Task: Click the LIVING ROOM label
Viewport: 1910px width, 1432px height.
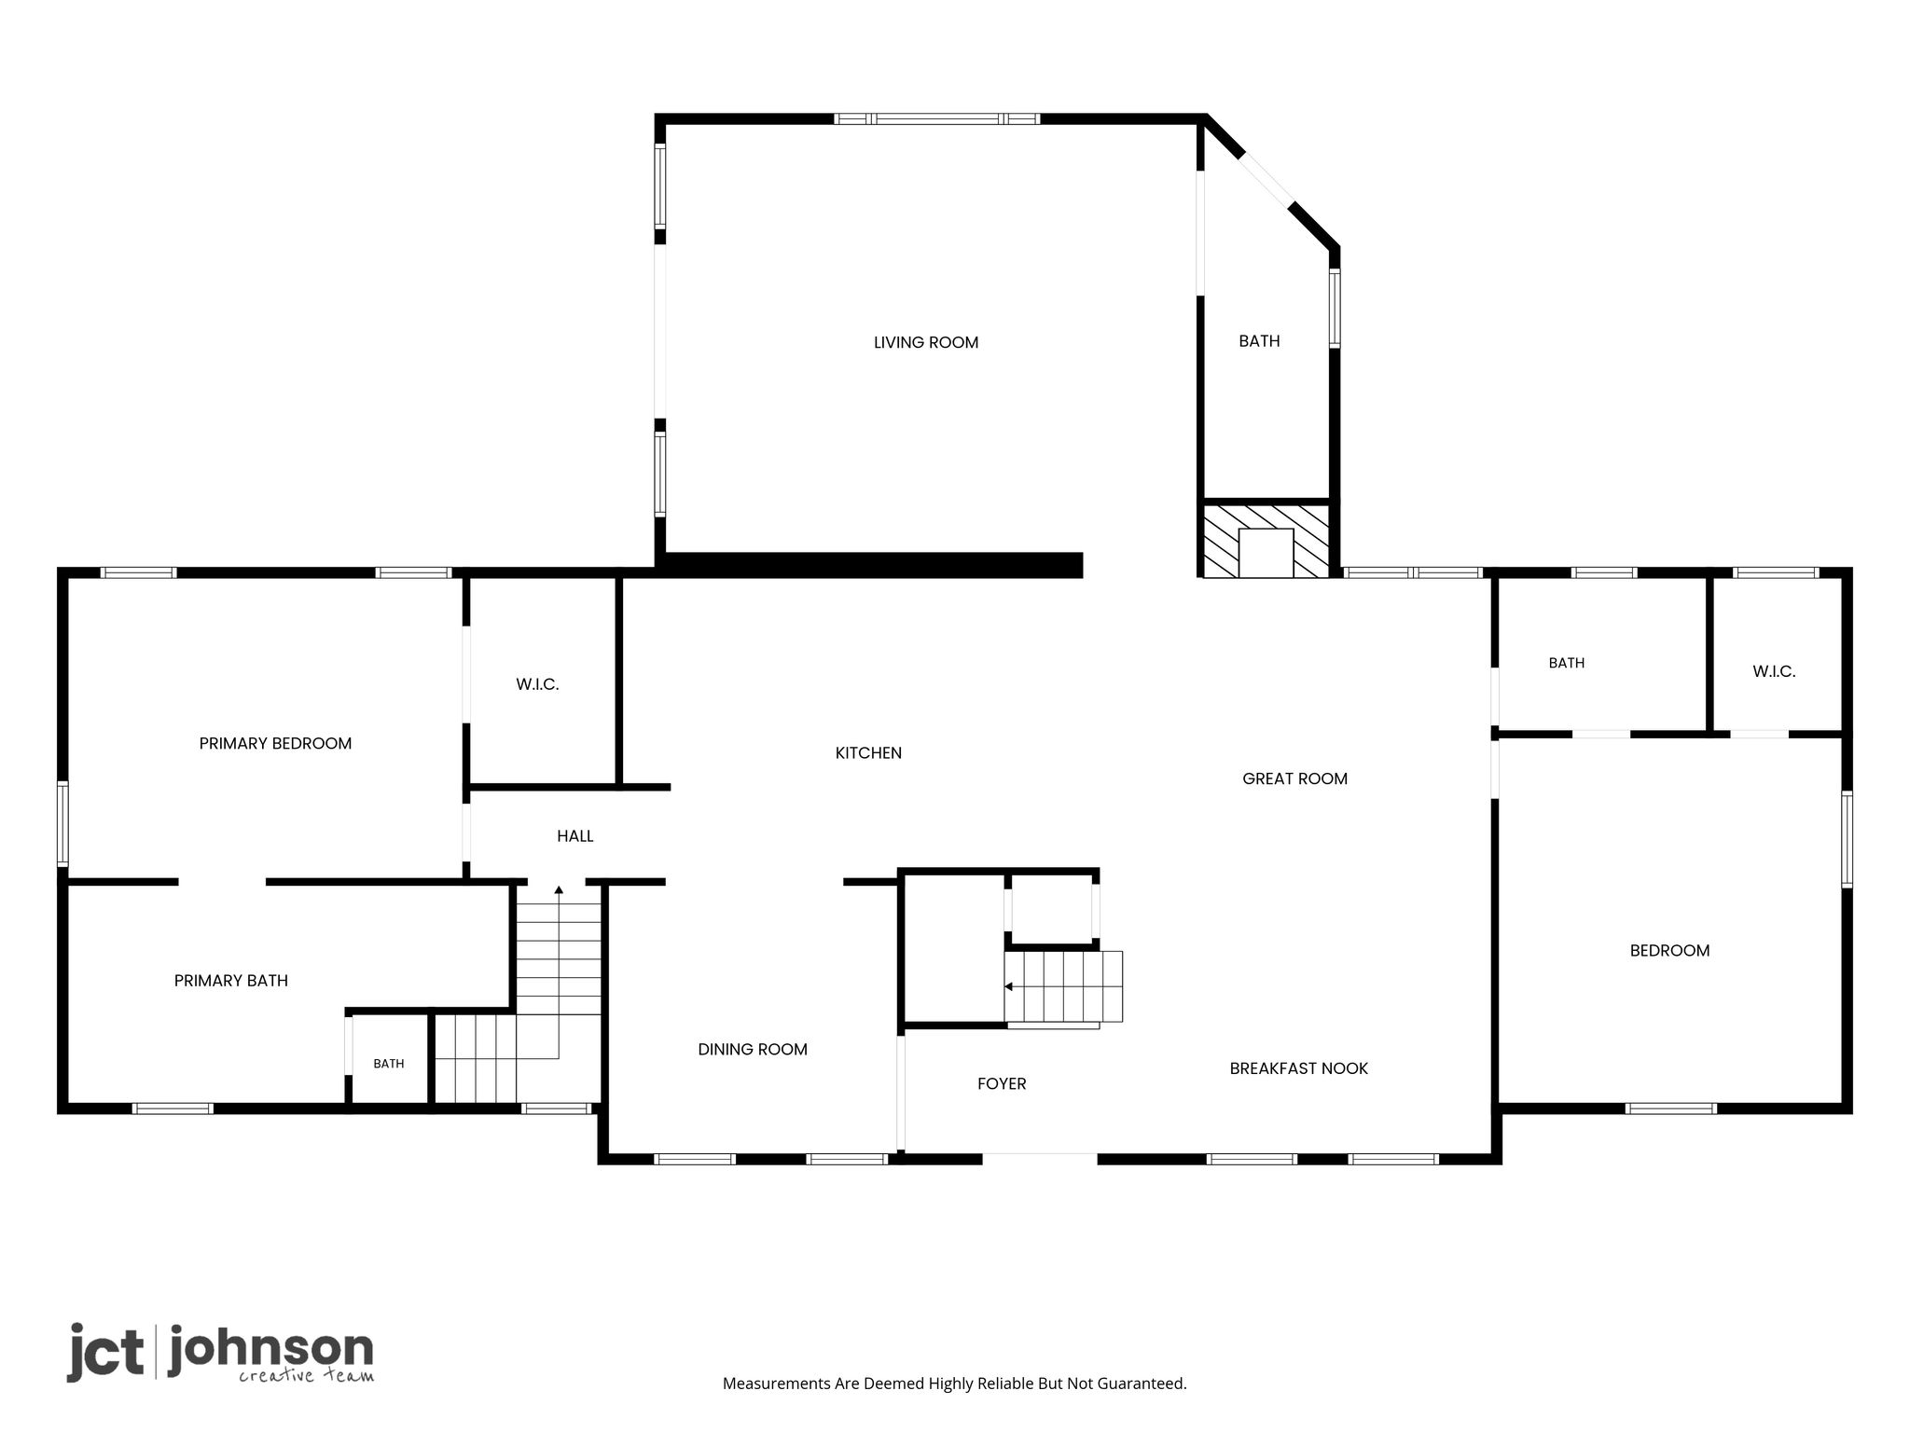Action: click(x=926, y=343)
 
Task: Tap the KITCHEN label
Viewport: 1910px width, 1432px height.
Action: click(x=868, y=753)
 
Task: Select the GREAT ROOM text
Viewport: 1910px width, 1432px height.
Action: click(x=1294, y=779)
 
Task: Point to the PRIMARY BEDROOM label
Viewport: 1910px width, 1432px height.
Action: click(x=275, y=744)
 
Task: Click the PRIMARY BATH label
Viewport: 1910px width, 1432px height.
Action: click(x=231, y=981)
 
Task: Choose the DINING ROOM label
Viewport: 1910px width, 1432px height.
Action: click(x=753, y=1050)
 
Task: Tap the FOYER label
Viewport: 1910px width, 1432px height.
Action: click(x=1002, y=1084)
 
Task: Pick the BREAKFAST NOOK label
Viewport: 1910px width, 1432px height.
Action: click(x=1298, y=1069)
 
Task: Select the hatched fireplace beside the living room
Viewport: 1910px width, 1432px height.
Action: click(x=1266, y=541)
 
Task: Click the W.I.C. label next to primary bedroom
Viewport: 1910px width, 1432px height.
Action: click(x=537, y=685)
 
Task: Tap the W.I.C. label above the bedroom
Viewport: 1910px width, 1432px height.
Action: click(x=1774, y=672)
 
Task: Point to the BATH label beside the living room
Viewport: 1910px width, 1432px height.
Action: click(x=1259, y=342)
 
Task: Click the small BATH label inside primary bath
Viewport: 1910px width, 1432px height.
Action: click(x=389, y=1064)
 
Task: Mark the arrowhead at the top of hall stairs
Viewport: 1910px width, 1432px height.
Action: click(x=559, y=890)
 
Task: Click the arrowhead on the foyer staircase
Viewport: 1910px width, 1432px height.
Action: click(x=1008, y=986)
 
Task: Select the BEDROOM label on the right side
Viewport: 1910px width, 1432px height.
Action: click(x=1669, y=952)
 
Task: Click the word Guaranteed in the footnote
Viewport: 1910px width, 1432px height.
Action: click(x=1143, y=1384)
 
